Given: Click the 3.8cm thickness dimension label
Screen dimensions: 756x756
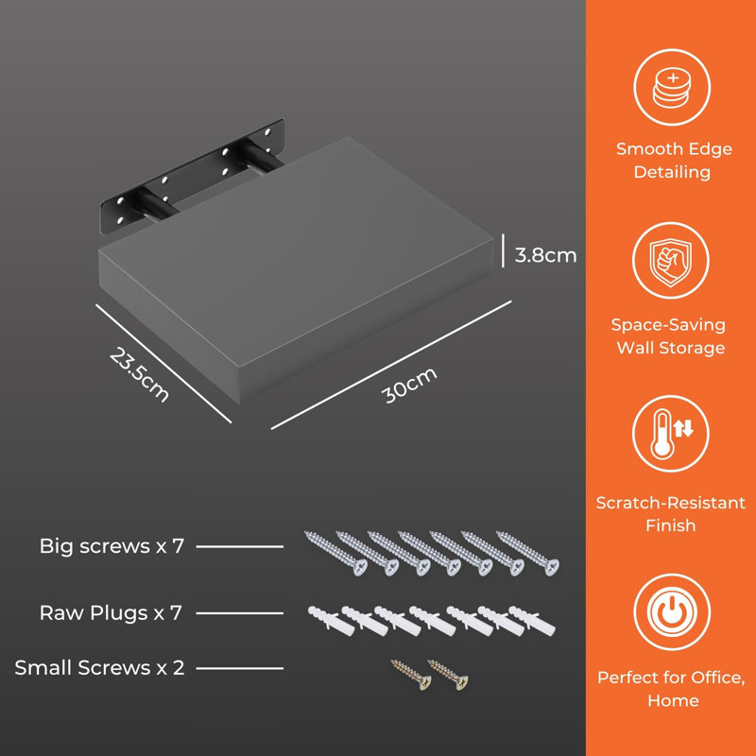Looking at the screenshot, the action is point(545,255).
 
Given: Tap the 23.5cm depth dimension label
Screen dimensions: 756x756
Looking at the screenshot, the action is point(139,374).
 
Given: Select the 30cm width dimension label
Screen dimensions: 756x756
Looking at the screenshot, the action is point(409,385).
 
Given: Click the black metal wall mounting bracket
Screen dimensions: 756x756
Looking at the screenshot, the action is point(193,177).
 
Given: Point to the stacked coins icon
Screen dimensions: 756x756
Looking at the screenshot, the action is point(672,89).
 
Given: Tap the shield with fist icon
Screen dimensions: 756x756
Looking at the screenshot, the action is point(671,260).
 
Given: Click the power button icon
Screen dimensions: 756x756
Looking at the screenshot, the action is point(672,612).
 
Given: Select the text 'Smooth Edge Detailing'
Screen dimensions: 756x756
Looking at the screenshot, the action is point(673,160).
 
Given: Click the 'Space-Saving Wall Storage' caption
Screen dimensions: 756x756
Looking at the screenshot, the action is point(670,336).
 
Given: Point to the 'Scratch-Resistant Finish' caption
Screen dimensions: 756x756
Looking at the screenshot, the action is point(671,513).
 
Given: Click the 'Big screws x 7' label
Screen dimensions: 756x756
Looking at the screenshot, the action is point(112,546).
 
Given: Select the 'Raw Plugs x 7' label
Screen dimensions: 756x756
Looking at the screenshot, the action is point(111,612).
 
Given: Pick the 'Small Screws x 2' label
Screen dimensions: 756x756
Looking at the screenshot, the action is point(100,668).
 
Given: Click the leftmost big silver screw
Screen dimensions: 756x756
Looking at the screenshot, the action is point(335,553).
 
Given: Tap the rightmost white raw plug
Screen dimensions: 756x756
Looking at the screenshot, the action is point(532,621).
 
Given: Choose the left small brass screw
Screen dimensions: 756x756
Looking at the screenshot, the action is point(411,675).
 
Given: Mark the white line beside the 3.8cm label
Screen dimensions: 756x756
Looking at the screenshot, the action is point(503,250).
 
